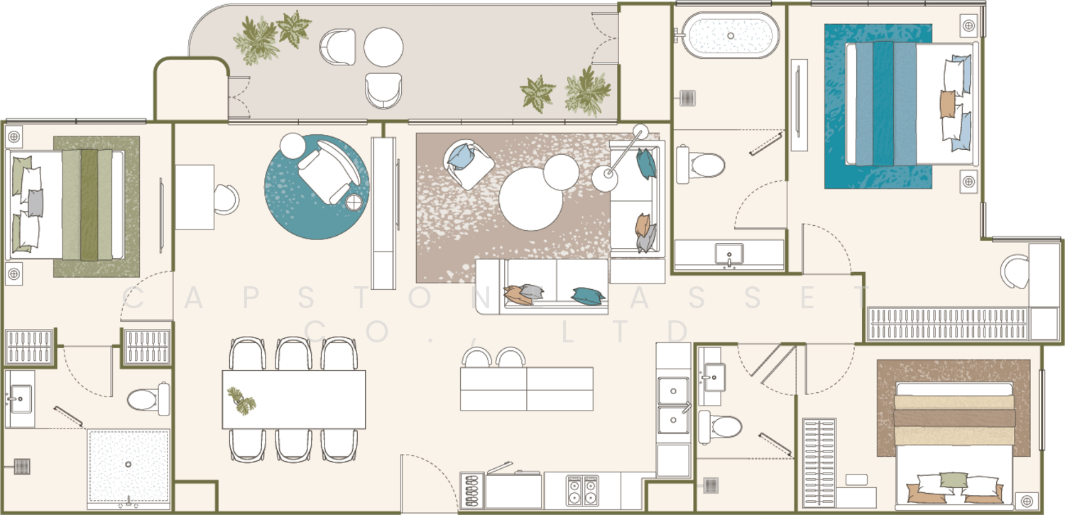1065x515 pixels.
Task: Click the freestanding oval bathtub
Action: (x=731, y=36)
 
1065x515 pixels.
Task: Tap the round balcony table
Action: (x=383, y=47)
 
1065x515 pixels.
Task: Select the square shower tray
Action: (x=129, y=467)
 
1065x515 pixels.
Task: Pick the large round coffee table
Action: (x=531, y=199)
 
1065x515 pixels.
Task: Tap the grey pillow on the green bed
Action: (x=35, y=202)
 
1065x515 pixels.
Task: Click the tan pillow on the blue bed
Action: (x=948, y=104)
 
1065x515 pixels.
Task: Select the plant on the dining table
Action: (x=241, y=401)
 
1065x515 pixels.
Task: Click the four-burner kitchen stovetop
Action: (x=582, y=490)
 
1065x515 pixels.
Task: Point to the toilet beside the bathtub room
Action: (x=700, y=165)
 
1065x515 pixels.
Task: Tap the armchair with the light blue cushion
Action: (x=468, y=163)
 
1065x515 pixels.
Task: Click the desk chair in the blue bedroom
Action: (x=1015, y=271)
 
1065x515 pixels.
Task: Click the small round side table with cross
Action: (x=354, y=202)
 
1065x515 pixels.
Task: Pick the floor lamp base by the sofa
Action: (x=604, y=179)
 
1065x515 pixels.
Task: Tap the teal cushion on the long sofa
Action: (x=588, y=296)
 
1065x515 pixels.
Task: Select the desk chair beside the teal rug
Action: (x=226, y=199)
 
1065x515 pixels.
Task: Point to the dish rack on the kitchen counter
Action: (x=472, y=490)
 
